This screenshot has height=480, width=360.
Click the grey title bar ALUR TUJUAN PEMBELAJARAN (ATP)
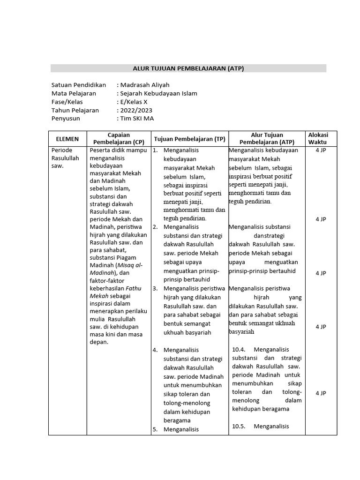[x=188, y=68]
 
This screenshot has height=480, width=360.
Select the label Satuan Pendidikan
[x=78, y=85]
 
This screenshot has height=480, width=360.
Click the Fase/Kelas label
[x=67, y=102]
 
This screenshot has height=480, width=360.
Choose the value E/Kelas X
[x=133, y=102]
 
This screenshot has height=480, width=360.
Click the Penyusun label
[x=66, y=119]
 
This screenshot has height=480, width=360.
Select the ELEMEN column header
[x=67, y=139]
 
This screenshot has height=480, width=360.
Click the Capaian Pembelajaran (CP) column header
[x=119, y=138]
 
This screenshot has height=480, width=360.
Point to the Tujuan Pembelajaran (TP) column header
[x=189, y=139]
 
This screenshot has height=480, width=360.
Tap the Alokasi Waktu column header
[x=318, y=138]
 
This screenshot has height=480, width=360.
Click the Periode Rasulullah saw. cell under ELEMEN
[x=65, y=158]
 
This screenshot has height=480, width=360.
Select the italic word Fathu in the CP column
[x=133, y=288]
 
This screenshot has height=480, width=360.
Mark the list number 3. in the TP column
[x=155, y=288]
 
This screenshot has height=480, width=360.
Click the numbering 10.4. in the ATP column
[x=239, y=349]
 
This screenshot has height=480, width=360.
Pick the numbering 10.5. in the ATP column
[x=239, y=426]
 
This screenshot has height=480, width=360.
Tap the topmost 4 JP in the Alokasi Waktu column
[x=321, y=150]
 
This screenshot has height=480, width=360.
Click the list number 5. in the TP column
[x=155, y=429]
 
